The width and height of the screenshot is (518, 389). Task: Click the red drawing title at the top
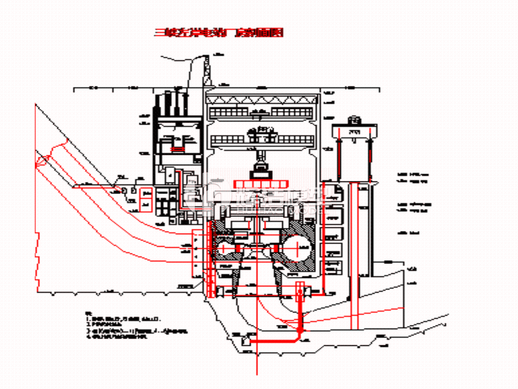pyautogui.click(x=219, y=33)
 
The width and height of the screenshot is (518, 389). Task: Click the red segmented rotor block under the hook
pyautogui.click(x=261, y=184)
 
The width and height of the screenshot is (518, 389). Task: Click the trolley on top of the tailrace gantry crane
pyautogui.click(x=355, y=121)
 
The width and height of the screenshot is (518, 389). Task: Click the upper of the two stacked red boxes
pyautogui.click(x=145, y=194)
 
